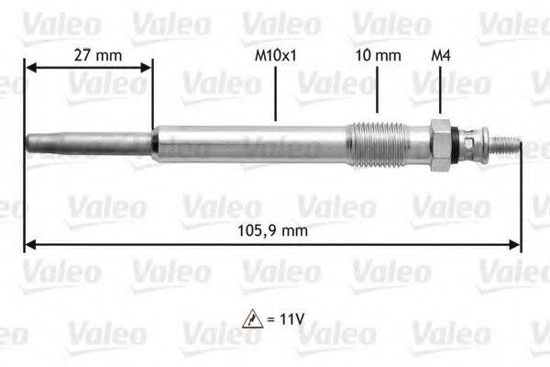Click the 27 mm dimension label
click(97, 55)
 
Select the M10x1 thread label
click(275, 55)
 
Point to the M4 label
click(440, 55)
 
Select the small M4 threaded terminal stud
click(507, 144)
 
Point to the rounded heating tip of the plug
click(30, 144)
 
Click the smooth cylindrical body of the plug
click(247, 144)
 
